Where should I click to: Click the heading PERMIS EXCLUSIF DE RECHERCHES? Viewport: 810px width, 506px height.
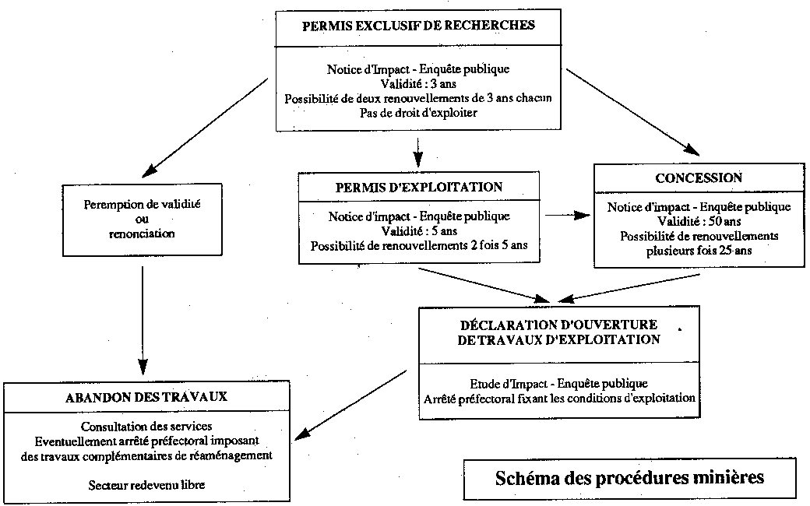418,25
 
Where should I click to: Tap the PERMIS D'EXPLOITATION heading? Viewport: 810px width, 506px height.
418,187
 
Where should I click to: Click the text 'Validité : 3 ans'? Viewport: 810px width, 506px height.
418,83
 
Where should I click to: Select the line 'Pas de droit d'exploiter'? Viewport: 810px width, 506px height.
418,113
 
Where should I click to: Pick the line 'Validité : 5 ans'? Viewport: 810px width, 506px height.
418,231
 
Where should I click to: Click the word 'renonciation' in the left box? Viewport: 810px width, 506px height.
142,234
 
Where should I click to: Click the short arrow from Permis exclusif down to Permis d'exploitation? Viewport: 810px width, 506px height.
418,149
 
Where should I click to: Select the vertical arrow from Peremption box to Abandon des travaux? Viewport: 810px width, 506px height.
143,315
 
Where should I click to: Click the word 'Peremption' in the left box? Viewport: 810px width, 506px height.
112,204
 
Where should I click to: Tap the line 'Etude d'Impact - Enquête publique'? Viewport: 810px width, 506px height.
558,384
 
